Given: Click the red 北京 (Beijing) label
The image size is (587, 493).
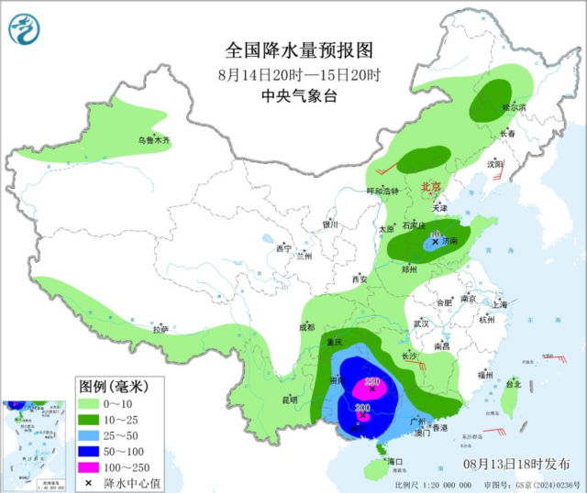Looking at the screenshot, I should point(430,187).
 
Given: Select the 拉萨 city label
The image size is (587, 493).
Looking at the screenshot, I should point(161,328).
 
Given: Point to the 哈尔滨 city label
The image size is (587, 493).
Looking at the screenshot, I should point(514,107).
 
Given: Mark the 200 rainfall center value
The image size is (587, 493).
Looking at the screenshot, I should point(362,408).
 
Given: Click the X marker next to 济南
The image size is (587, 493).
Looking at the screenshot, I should point(436,243).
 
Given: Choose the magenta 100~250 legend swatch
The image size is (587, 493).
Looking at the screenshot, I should point(88,466).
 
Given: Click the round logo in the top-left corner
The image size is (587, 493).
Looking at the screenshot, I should point(26,29).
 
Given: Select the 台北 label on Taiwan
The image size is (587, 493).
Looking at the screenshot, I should point(515,384).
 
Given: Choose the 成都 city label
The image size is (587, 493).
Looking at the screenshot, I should point(305,326).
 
